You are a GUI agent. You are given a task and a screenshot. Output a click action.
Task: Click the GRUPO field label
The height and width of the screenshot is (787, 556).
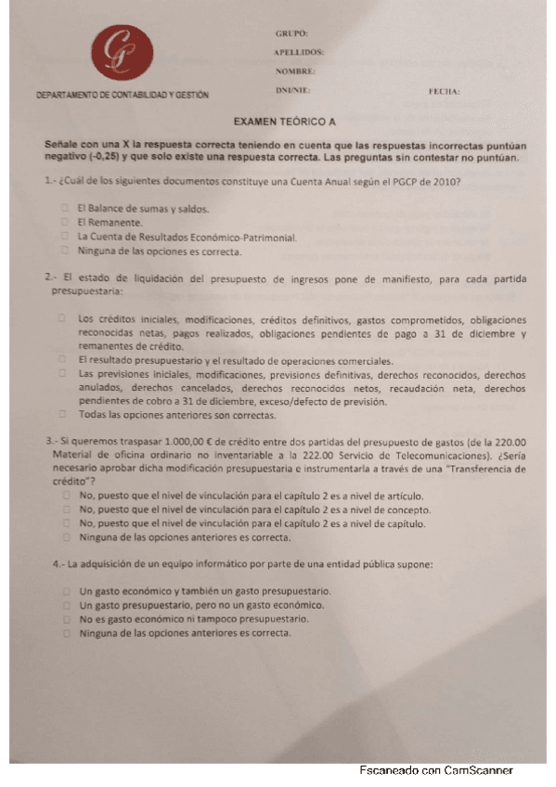(x=291, y=32)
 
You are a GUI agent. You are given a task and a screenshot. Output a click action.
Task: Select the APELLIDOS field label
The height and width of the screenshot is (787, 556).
(x=299, y=52)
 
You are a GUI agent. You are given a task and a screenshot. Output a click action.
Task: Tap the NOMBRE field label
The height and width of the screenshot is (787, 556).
(x=295, y=71)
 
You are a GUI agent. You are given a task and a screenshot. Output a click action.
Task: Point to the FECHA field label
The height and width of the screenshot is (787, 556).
(x=445, y=92)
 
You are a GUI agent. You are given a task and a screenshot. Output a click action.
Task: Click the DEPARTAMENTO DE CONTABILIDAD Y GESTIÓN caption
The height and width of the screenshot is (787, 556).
(x=123, y=96)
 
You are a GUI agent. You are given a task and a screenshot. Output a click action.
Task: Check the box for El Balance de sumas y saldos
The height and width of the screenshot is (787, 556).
(x=65, y=208)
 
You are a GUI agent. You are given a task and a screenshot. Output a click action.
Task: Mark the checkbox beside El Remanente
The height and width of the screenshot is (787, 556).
(x=65, y=222)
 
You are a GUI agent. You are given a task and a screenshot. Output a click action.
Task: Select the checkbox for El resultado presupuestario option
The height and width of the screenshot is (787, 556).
(x=62, y=359)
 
